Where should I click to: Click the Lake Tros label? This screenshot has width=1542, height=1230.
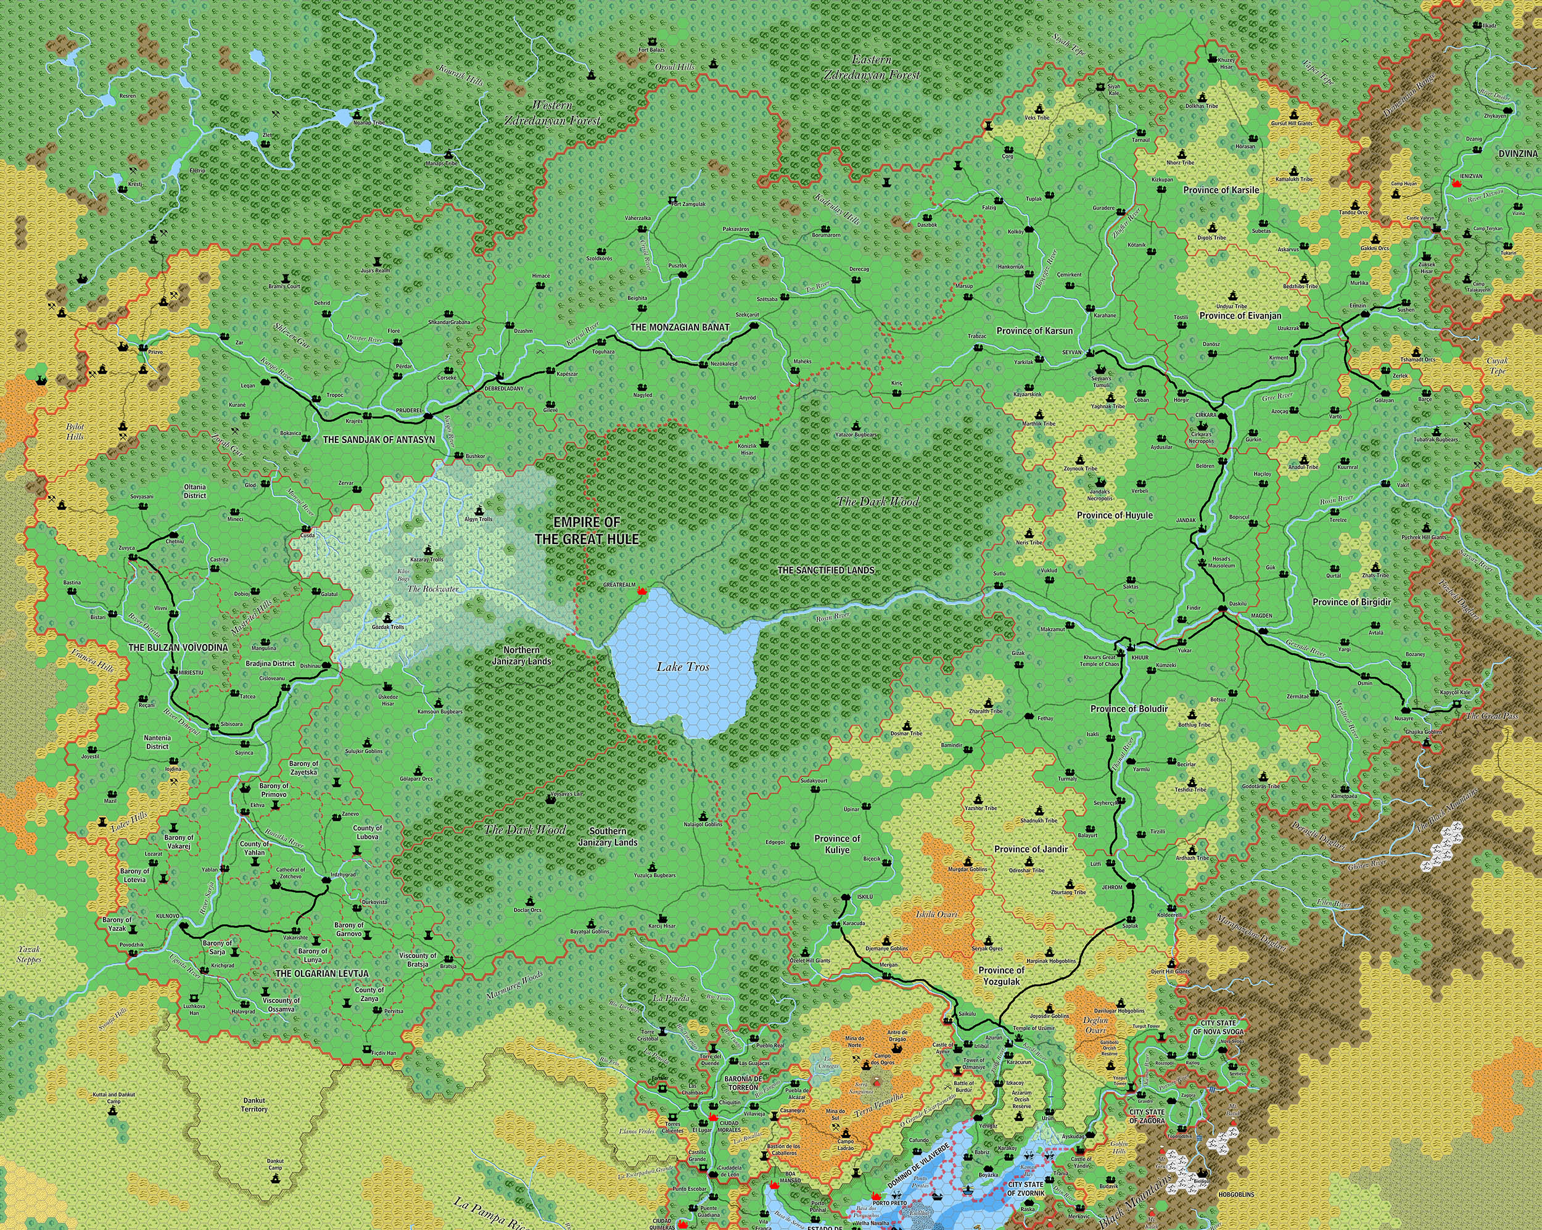[x=683, y=666]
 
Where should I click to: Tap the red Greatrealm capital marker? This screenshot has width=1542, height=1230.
[x=641, y=592]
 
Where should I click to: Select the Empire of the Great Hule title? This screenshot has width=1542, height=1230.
[x=587, y=530]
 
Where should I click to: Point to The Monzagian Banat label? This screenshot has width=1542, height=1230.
[x=680, y=328]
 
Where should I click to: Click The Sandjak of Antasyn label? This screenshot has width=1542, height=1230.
[x=378, y=440]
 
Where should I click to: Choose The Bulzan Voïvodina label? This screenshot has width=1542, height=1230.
[x=178, y=648]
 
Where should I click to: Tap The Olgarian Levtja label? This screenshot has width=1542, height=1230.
[x=322, y=974]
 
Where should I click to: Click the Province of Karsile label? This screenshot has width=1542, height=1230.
[x=1221, y=190]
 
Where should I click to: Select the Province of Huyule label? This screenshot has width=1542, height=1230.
[x=1115, y=515]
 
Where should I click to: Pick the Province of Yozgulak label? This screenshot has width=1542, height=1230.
[x=1001, y=975]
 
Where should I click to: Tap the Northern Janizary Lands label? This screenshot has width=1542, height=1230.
[x=521, y=655]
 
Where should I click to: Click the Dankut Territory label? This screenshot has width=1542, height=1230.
[x=254, y=1105]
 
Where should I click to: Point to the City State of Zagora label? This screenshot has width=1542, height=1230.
[x=1147, y=1116]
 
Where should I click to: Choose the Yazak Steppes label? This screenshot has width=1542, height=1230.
[x=30, y=955]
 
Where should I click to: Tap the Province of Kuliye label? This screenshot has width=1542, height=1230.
[x=837, y=844]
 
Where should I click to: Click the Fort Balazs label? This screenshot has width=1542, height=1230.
[x=651, y=50]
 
